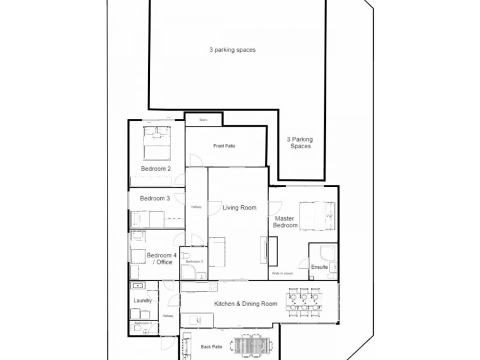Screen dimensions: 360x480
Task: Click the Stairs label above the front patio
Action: [203, 121]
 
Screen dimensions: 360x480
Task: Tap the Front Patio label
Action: [223, 146]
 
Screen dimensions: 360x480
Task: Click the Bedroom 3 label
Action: [155, 198]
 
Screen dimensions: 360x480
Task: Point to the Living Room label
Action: [239, 208]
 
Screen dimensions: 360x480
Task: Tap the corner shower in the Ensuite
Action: [328, 252]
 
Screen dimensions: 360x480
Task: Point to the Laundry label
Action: [143, 301]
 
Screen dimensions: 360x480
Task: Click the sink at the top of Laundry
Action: [136, 286]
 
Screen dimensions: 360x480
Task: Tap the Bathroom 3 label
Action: [143, 323]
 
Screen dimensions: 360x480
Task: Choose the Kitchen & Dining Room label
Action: [245, 304]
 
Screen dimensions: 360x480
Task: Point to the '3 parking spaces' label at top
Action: [233, 50]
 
